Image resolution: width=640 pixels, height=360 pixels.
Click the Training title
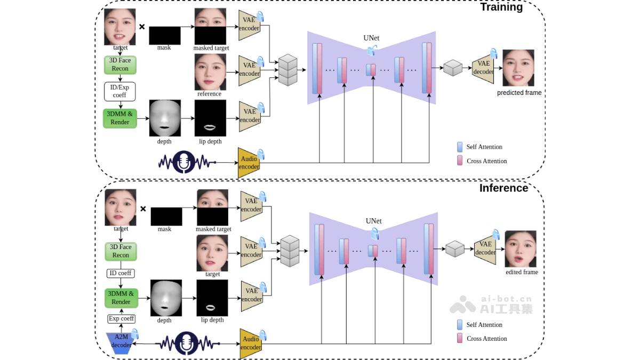[501, 7]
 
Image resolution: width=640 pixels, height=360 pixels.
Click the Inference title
[503, 188]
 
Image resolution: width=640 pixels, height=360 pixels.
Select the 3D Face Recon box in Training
[120, 65]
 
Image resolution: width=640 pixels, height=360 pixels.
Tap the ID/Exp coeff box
[119, 91]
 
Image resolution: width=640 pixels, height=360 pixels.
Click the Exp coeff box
[121, 318]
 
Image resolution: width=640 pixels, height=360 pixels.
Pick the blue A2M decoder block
[122, 341]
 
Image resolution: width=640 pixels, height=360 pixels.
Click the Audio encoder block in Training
[248, 163]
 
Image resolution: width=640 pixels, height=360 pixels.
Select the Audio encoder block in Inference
[250, 343]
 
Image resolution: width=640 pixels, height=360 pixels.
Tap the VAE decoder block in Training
[483, 68]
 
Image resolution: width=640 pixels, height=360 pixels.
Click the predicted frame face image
[518, 68]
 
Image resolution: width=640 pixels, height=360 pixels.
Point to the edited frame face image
[520, 249]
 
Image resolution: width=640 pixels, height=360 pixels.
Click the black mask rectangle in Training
[164, 35]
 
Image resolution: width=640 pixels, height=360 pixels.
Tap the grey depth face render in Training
[165, 118]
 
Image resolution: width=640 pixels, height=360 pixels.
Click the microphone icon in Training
[184, 162]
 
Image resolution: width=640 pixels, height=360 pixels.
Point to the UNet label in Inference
[373, 221]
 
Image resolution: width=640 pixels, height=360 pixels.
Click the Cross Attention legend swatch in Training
[460, 161]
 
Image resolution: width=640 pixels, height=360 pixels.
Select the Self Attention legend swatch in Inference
[460, 324]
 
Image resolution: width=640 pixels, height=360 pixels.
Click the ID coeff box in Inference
[121, 273]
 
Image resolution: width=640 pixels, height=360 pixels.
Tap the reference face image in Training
[210, 71]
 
